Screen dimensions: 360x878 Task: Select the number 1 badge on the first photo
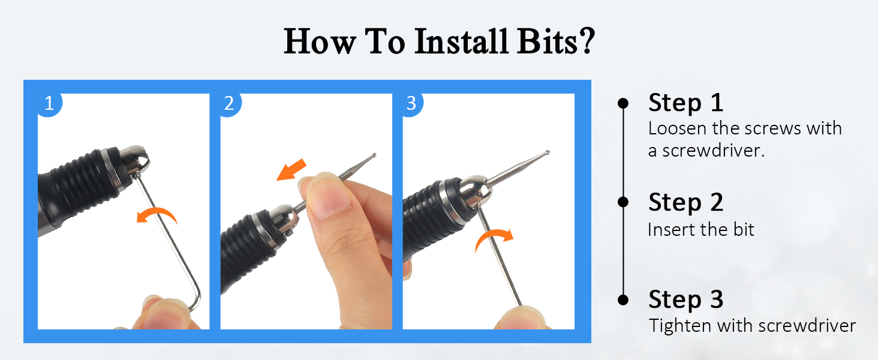49,104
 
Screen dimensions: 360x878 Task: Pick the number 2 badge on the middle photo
229,104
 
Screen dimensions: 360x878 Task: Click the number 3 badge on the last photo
411,104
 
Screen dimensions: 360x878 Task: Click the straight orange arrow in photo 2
291,169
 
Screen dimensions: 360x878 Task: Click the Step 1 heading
685,103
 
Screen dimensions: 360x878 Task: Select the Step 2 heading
685,202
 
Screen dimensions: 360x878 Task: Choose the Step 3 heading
685,299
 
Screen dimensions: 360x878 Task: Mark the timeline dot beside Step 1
623,103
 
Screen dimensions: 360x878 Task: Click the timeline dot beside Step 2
623,202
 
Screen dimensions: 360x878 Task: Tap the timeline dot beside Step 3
623,299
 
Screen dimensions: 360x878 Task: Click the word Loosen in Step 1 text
678,128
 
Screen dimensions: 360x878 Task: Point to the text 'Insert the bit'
700,229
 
